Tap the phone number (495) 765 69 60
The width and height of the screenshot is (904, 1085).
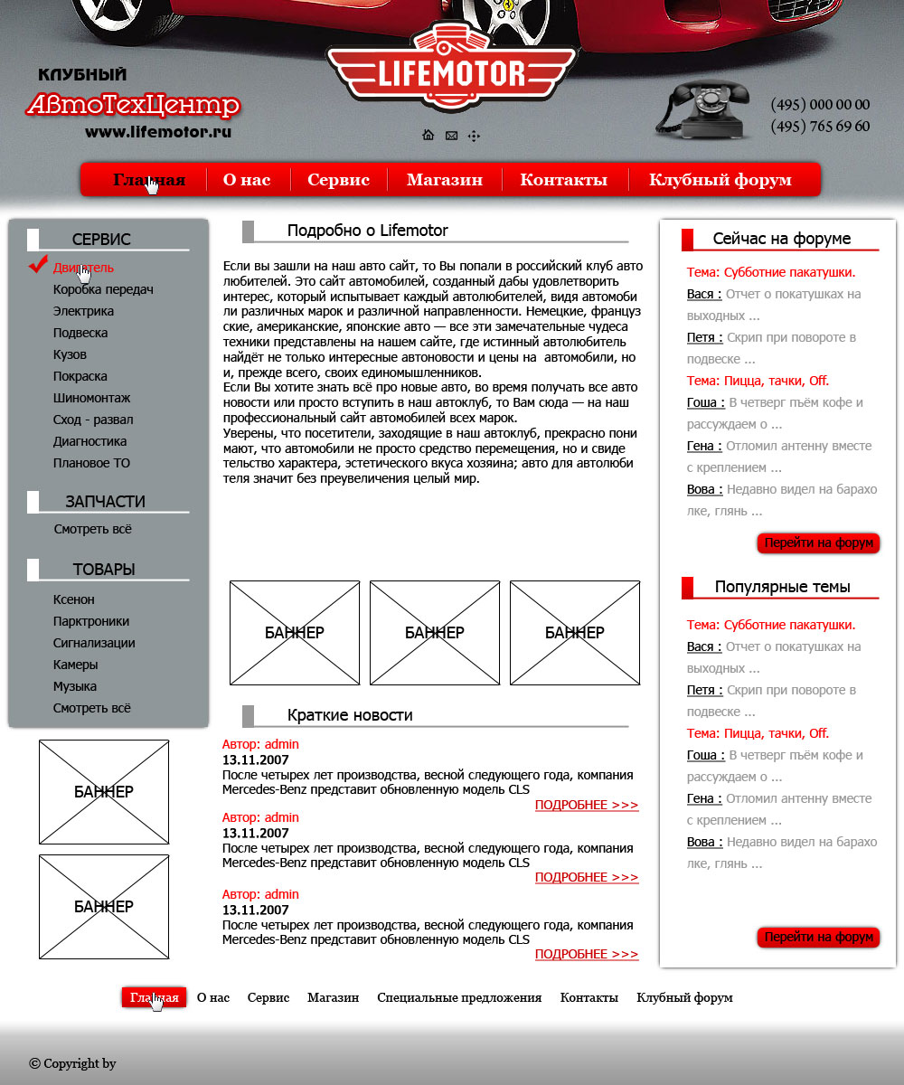820,127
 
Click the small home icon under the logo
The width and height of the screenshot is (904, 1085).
428,136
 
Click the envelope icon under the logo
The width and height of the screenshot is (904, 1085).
451,136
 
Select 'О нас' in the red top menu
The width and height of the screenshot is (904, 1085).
247,180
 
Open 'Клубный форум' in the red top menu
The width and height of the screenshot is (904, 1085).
720,180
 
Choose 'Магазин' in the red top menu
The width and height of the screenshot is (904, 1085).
444,180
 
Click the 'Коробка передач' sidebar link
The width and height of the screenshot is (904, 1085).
103,289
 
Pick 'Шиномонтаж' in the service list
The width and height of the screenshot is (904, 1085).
91,398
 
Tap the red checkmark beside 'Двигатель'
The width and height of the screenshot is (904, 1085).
38,264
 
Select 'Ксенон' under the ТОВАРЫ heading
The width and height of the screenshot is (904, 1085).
73,599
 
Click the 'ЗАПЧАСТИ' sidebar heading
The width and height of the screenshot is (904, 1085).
105,502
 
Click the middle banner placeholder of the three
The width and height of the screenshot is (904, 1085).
435,633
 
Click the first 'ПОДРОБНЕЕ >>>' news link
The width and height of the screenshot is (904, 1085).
586,805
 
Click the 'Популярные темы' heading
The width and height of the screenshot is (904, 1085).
782,587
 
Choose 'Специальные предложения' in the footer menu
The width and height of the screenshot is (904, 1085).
459,997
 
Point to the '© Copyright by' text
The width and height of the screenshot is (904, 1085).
72,1063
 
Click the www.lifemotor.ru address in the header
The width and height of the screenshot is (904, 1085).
158,132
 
